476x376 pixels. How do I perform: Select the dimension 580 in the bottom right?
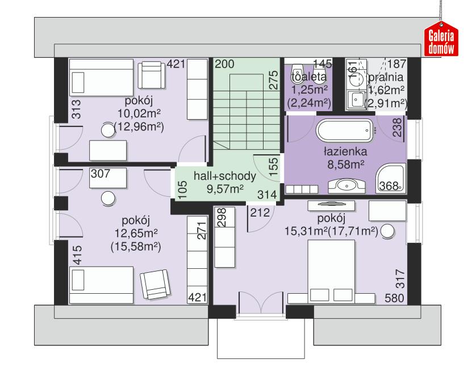click(395, 298)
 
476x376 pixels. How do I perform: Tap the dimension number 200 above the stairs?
click(224, 64)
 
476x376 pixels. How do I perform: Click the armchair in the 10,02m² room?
click(152, 73)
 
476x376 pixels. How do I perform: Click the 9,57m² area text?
click(221, 189)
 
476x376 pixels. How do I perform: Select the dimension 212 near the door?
click(258, 213)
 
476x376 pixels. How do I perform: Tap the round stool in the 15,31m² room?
click(389, 231)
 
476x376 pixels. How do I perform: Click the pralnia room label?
click(386, 77)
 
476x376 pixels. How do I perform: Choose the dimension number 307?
click(101, 175)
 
